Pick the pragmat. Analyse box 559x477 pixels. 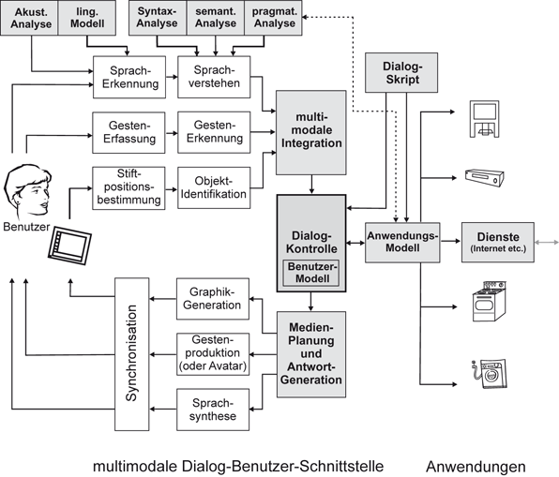[x=273, y=18]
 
